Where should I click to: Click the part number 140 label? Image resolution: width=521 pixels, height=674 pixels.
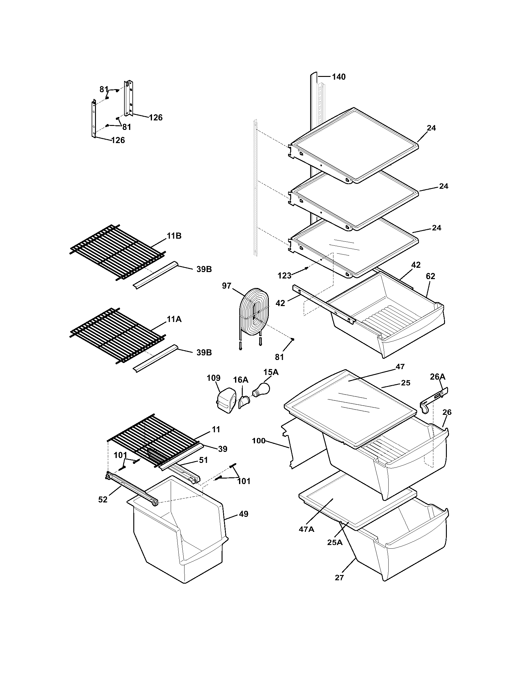339,77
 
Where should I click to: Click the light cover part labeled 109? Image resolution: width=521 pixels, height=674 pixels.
225,402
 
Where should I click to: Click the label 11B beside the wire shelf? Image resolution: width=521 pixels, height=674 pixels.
174,236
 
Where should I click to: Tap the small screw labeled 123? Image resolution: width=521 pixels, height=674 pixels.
306,268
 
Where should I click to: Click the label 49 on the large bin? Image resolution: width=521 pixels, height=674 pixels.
243,514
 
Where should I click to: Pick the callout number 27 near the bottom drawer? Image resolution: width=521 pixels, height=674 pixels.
339,577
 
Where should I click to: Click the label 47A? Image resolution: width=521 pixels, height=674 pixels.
306,529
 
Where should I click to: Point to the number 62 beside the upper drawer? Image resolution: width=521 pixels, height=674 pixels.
430,276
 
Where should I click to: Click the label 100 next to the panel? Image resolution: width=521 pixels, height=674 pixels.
259,441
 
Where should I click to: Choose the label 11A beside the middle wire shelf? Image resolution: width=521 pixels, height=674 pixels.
174,320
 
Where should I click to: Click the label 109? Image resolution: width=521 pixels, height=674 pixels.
214,378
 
